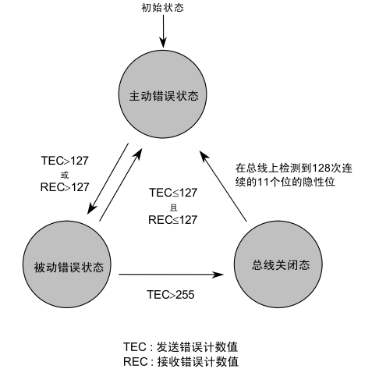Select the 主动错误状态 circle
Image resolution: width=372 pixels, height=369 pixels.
coord(163,98)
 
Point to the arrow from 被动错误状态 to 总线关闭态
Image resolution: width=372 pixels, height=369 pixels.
coord(168,274)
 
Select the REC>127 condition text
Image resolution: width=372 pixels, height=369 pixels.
coord(65,186)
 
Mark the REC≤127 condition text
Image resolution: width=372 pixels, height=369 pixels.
coord(172,220)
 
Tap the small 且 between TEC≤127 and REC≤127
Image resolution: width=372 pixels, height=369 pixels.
coord(172,207)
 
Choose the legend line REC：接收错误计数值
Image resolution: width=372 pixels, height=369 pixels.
coord(180,361)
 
